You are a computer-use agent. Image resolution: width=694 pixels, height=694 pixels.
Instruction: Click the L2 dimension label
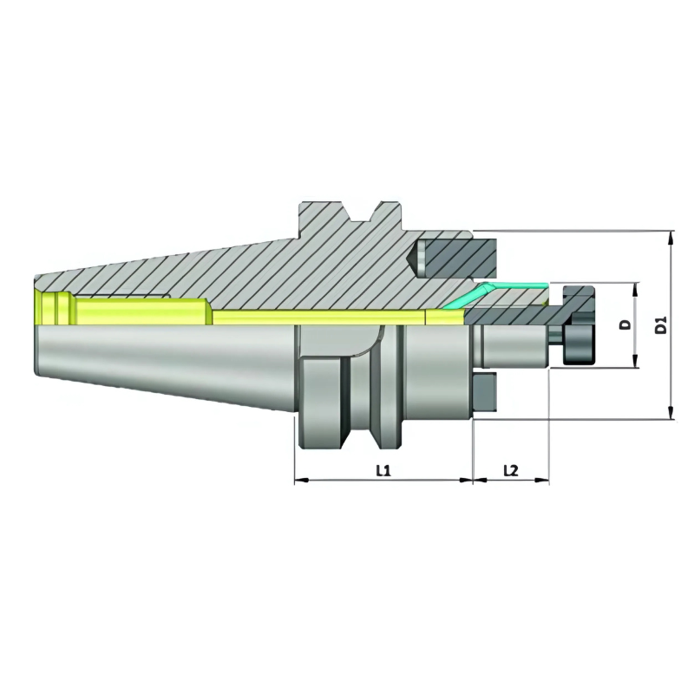coord(510,470)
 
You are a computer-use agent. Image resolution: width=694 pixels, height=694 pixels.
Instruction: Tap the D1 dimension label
coord(661,325)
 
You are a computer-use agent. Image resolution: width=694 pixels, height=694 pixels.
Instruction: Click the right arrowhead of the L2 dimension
coord(546,480)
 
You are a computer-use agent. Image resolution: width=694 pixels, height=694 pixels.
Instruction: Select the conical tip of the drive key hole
coord(413,257)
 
